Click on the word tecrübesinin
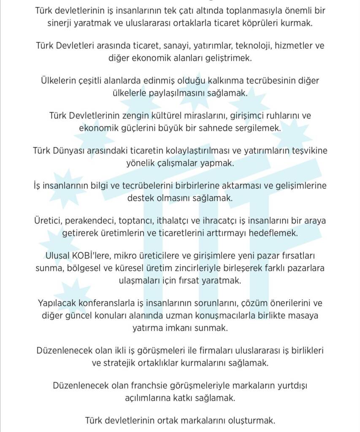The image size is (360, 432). [249, 81]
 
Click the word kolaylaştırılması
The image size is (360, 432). [187, 150]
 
